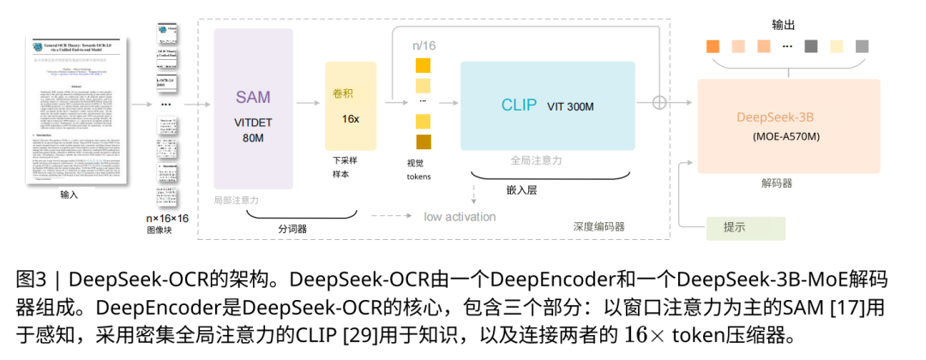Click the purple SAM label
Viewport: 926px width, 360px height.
pos(253,98)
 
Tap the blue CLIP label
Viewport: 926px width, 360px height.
pos(519,105)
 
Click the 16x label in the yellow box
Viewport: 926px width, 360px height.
pos(350,118)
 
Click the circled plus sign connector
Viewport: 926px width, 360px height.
pos(659,101)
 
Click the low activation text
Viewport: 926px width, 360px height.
pos(460,216)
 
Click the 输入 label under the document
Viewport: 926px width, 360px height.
pos(69,195)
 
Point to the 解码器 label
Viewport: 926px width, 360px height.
pos(776,183)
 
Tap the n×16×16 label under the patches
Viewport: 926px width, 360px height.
pos(167,219)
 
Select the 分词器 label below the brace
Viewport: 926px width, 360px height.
pos(292,229)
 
